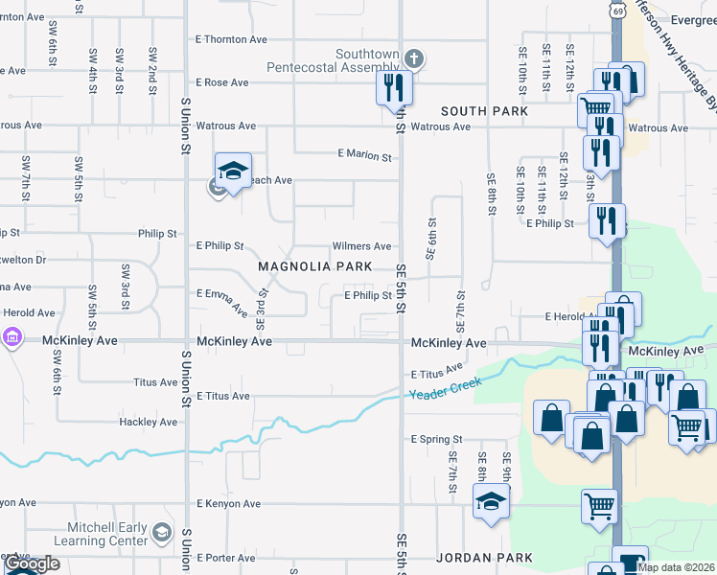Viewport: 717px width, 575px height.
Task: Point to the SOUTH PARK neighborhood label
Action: (x=484, y=111)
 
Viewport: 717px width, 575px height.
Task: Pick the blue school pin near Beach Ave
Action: (x=233, y=171)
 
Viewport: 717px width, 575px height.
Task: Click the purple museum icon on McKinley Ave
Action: (x=12, y=337)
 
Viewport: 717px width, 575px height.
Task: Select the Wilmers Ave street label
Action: (x=361, y=246)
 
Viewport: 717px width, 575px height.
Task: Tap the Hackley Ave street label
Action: (x=149, y=422)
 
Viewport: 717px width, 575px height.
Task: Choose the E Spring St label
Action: (x=436, y=439)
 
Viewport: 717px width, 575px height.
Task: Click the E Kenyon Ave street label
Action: (x=228, y=503)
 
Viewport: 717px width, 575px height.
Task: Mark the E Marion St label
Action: (x=365, y=155)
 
